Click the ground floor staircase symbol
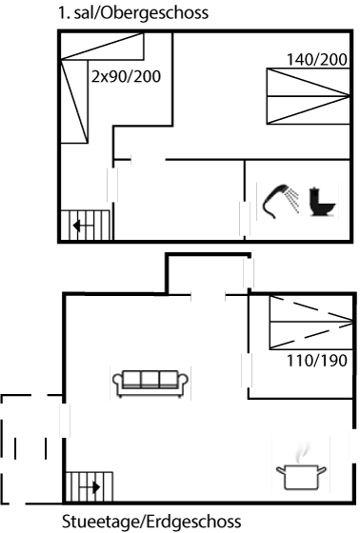pyautogui.click(x=83, y=486)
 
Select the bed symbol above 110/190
pyautogui.click(x=307, y=322)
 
